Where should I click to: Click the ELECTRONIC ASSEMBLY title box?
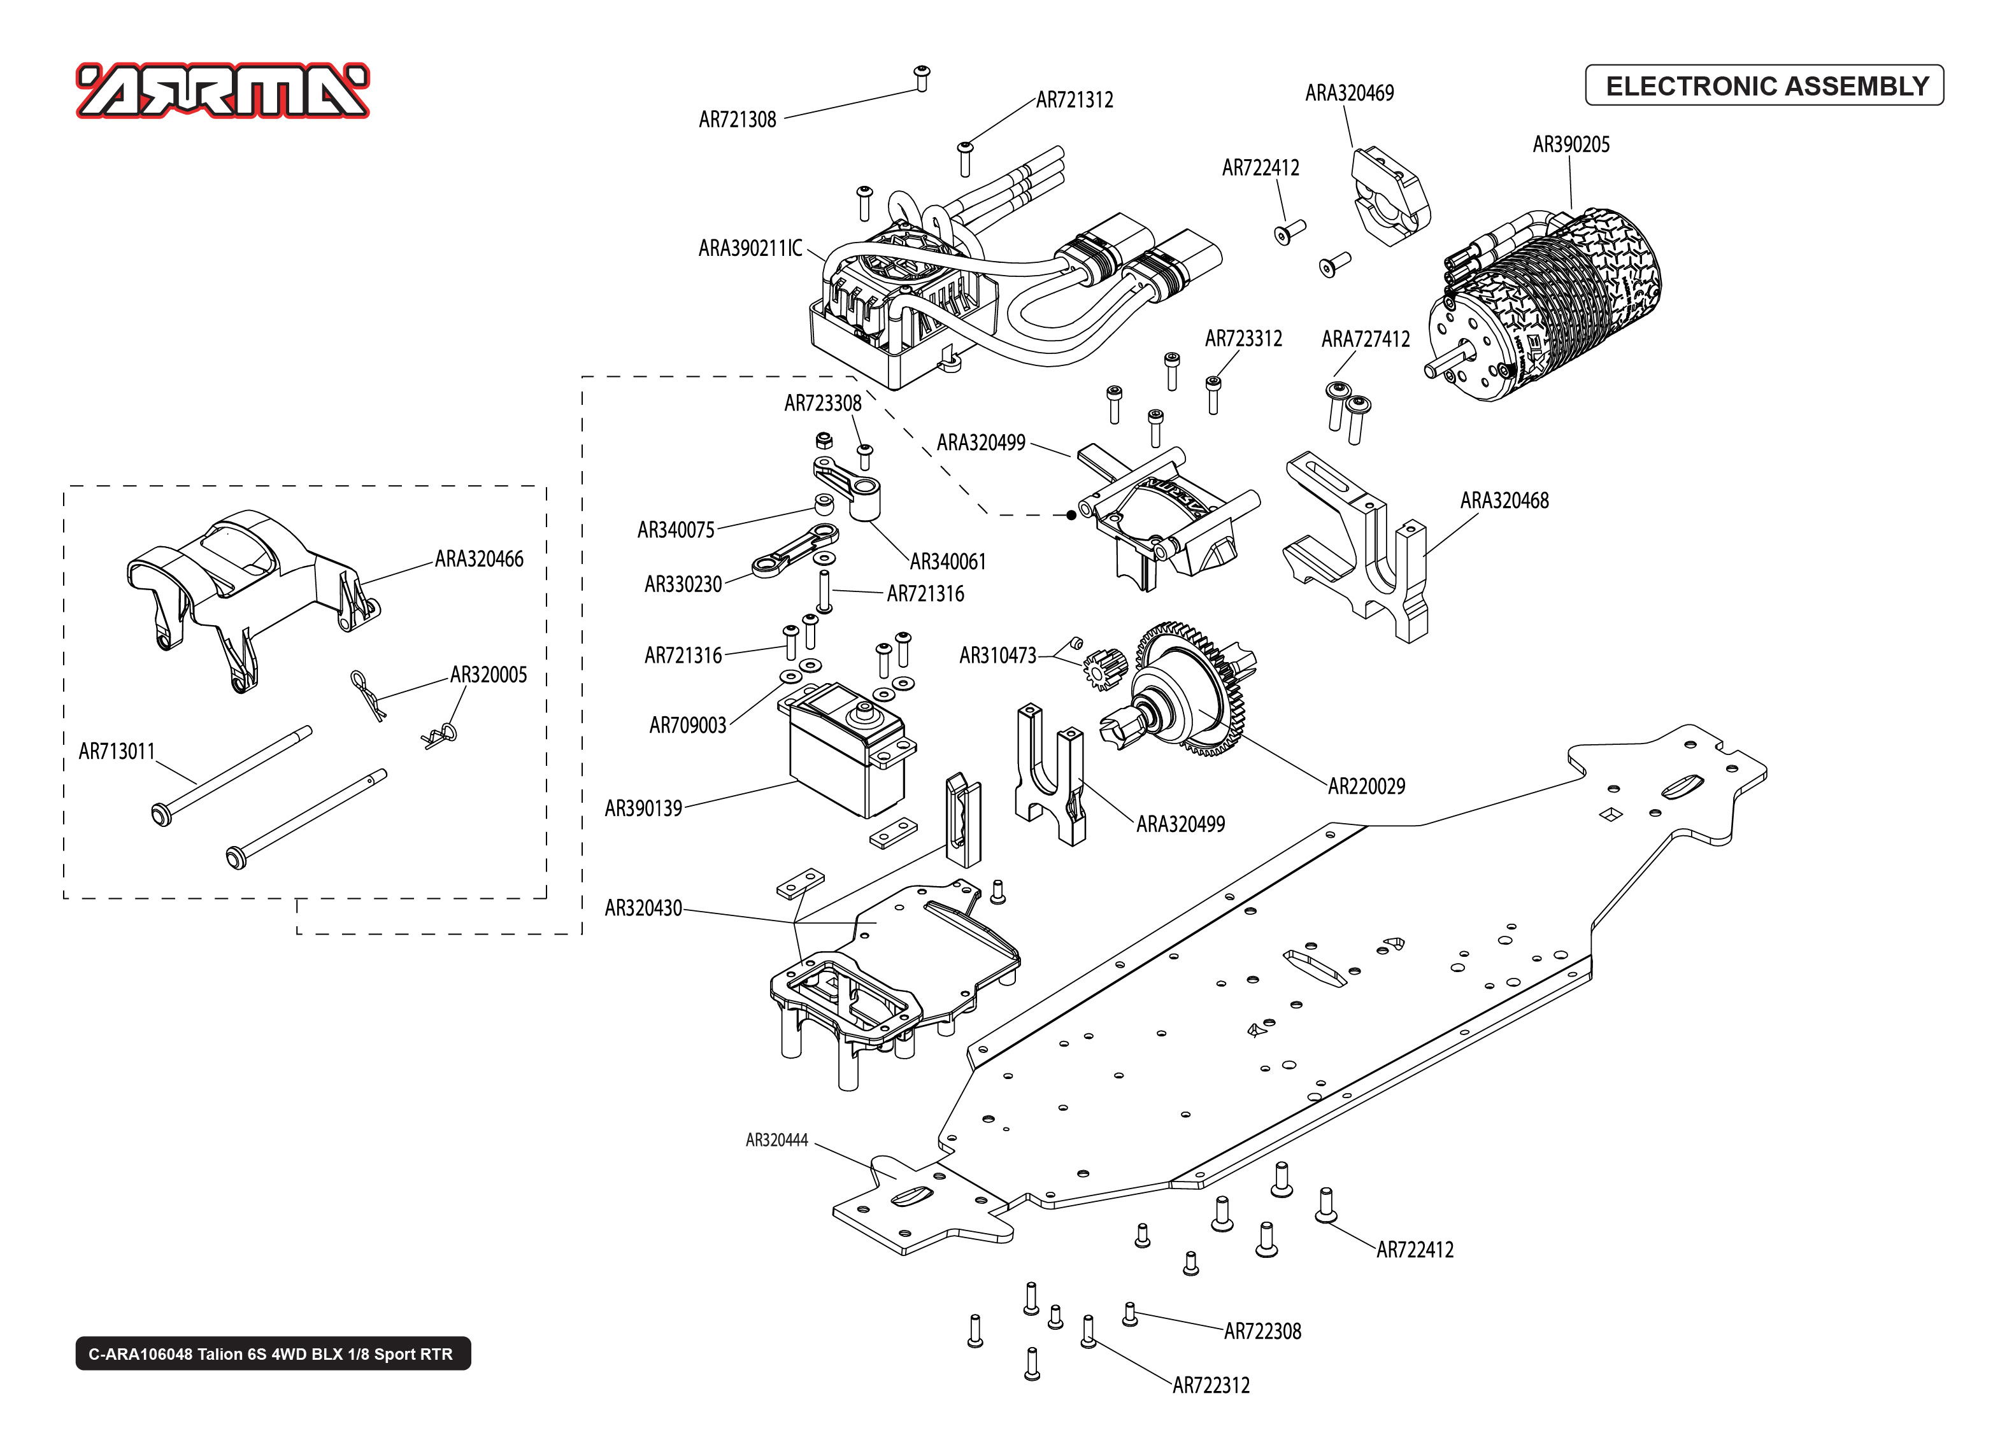[x=1764, y=85]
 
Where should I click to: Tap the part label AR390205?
[x=1570, y=145]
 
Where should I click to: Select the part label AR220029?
[x=1366, y=786]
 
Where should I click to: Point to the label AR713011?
[x=117, y=752]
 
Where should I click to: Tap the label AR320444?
[x=776, y=1140]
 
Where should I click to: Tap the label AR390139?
[x=643, y=809]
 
